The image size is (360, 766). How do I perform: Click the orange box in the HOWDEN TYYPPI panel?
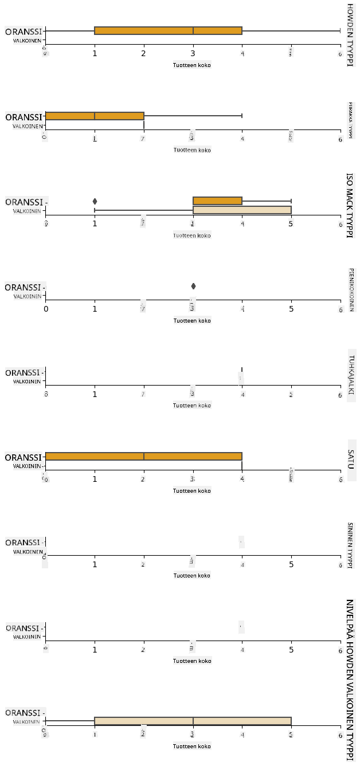coord(168,30)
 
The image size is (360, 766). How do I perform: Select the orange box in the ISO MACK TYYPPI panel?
coord(217,201)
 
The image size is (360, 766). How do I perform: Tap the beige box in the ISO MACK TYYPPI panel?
coord(242,210)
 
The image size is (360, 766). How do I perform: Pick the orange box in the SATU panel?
coord(143,457)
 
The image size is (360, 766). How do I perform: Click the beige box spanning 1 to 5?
coord(193,721)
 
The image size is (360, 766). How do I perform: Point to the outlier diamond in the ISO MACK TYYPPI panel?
coord(95,201)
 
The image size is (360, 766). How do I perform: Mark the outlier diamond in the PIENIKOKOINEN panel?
coord(193,286)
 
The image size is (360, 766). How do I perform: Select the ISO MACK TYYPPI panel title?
coord(350,205)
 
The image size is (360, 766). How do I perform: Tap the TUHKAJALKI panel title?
coord(350,375)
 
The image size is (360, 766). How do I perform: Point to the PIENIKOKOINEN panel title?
coord(351,289)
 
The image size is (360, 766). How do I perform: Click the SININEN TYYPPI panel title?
coord(350,545)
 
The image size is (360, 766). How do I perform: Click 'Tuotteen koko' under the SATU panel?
coord(192,490)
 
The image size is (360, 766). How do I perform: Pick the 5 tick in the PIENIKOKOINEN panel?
coord(291,309)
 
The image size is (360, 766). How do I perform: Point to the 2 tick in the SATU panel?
coord(143,479)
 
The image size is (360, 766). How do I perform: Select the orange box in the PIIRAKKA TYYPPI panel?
coord(94,116)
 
